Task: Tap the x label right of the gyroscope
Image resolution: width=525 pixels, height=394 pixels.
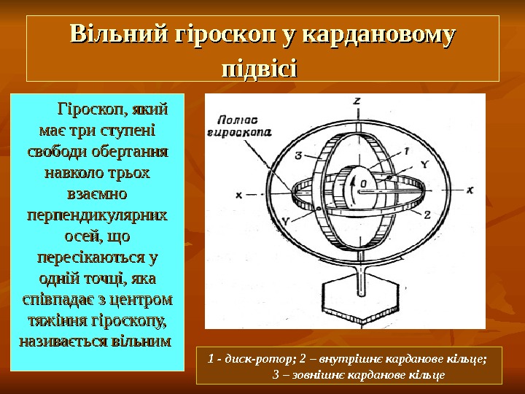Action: [x=470, y=189]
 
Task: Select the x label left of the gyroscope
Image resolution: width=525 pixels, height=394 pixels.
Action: [x=238, y=196]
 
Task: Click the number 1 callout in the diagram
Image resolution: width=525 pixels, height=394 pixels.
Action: [x=406, y=150]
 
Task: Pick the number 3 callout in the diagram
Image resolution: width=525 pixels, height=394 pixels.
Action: [x=299, y=155]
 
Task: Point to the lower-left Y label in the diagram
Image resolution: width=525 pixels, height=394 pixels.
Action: [x=286, y=220]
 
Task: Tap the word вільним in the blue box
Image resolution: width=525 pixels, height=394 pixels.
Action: [x=142, y=341]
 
